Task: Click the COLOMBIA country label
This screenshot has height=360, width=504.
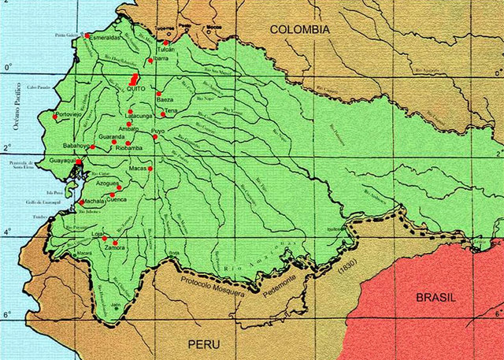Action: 299,29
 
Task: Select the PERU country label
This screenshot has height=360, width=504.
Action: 203,344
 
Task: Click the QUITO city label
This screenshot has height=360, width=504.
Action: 138,91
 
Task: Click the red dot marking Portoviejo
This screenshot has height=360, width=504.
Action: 55,117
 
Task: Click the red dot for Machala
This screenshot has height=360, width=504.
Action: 81,202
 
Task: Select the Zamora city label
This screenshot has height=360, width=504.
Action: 115,248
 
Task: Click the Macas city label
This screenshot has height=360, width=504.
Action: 138,169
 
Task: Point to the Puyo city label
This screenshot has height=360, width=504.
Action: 158,130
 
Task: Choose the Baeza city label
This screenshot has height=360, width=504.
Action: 165,100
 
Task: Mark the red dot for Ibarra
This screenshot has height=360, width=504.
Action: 150,60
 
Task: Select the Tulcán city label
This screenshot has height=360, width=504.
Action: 165,49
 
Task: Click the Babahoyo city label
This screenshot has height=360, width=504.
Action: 77,146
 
